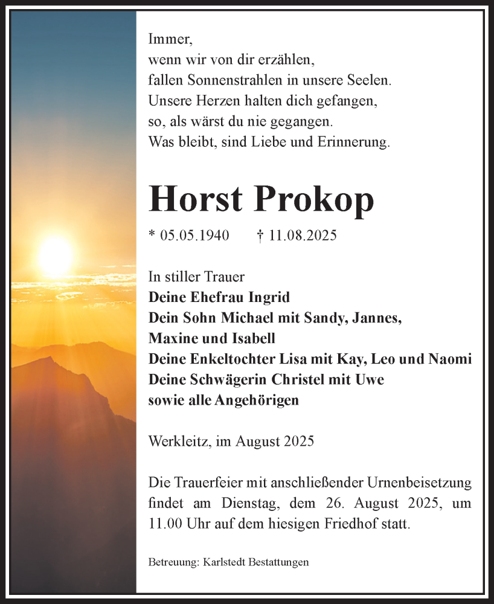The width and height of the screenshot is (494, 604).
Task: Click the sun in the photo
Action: pos(56,256)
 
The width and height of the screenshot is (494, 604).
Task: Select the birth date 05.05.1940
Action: pos(195,236)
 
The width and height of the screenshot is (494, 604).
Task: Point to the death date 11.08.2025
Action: pos(303,236)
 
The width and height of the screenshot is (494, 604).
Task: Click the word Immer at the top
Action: pos(169,40)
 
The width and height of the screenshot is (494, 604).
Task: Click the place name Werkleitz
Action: pos(178,442)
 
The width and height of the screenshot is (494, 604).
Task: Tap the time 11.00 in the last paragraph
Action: pos(164,524)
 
